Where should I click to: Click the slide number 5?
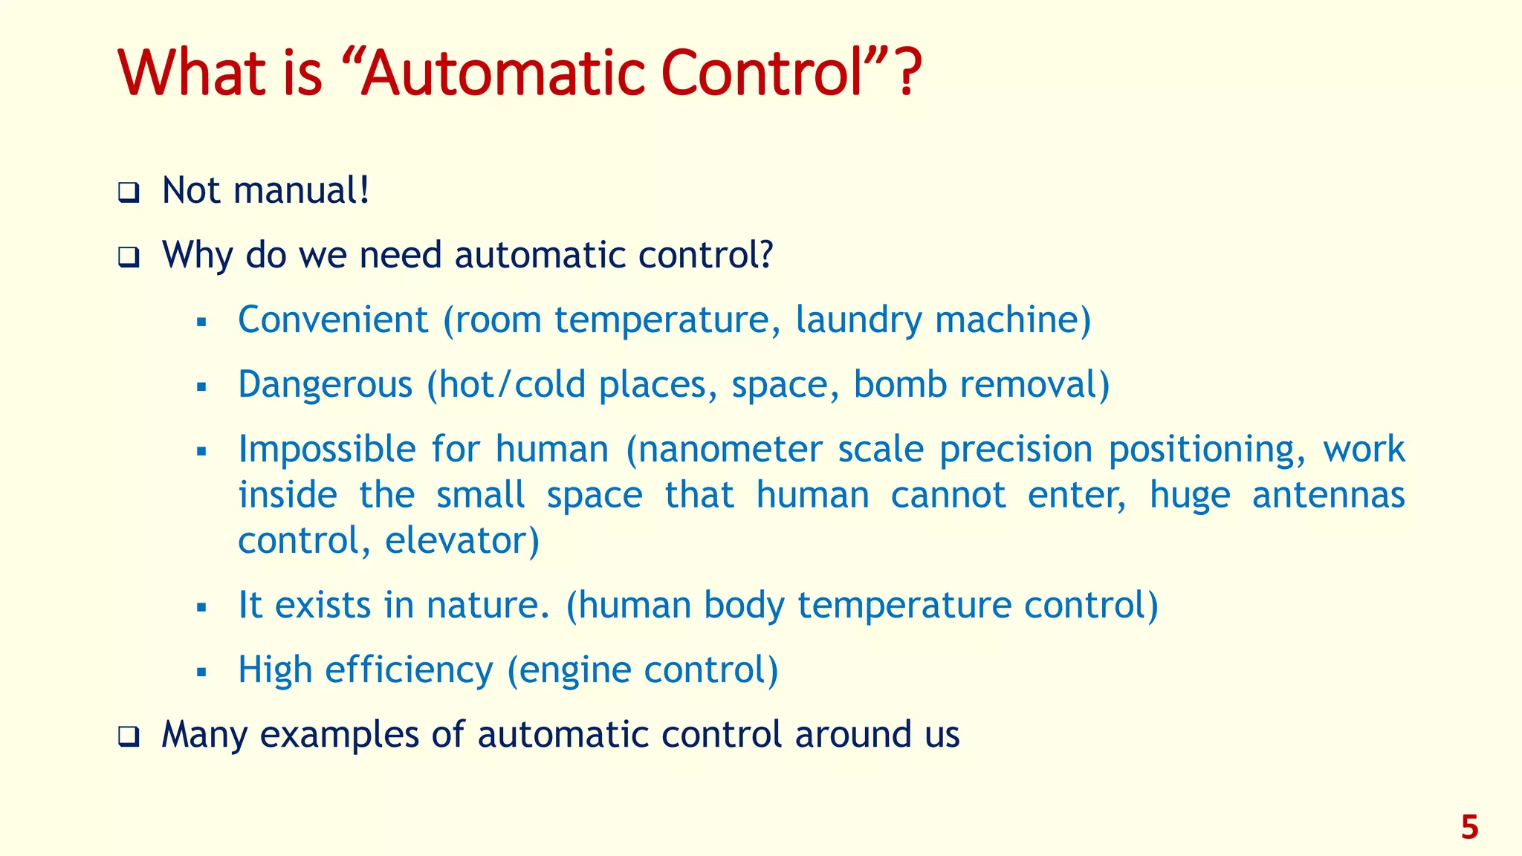coord(1469,828)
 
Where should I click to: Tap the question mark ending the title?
coord(907,74)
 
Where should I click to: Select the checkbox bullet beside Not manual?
coord(129,193)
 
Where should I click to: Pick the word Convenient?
coord(332,320)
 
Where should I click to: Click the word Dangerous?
coord(325,385)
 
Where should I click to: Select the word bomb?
coord(899,385)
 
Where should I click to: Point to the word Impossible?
coord(327,450)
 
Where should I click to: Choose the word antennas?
coord(1328,495)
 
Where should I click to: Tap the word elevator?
coord(462,540)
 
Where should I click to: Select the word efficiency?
coord(409,669)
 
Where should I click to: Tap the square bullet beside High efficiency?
coord(201,672)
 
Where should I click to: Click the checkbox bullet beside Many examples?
coord(129,737)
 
